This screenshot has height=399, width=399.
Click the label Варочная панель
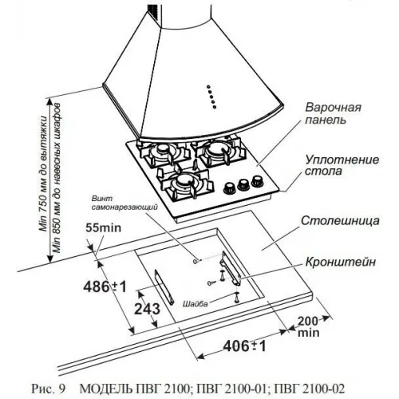click(333, 113)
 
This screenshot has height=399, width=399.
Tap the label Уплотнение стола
click(342, 165)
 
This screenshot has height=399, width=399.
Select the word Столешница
click(340, 221)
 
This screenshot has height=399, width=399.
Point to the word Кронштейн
click(341, 262)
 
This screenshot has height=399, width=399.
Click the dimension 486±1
click(105, 286)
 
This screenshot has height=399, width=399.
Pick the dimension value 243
click(147, 309)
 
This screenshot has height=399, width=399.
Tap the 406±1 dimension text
click(244, 346)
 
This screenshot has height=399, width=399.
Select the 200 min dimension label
click(308, 326)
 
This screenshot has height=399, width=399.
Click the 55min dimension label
click(103, 228)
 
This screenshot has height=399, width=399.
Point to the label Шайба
click(195, 304)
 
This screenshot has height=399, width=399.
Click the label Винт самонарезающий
click(124, 203)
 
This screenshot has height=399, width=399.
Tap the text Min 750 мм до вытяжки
click(43, 173)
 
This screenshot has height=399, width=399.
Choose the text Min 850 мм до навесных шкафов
click(57, 178)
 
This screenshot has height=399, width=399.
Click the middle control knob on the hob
click(243, 184)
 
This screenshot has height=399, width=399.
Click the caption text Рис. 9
click(48, 389)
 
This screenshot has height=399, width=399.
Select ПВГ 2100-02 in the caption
click(309, 389)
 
